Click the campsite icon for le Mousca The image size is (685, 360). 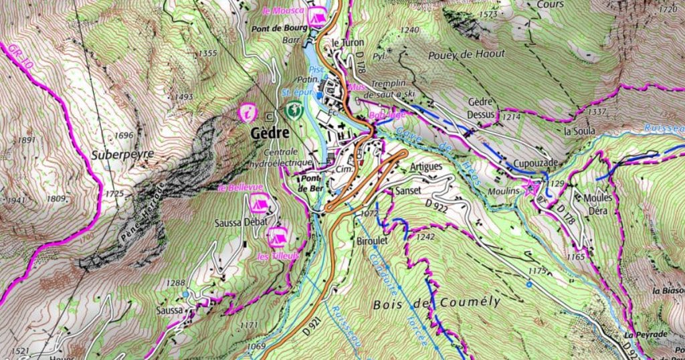[x=319, y=14]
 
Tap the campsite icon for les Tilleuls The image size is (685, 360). [x=276, y=236]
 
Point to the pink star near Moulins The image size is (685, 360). [x=532, y=187]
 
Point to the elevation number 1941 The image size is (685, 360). [x=15, y=200]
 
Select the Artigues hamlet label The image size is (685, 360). [x=426, y=166]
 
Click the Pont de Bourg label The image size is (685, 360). [x=280, y=29]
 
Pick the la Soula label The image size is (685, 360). [x=579, y=130]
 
